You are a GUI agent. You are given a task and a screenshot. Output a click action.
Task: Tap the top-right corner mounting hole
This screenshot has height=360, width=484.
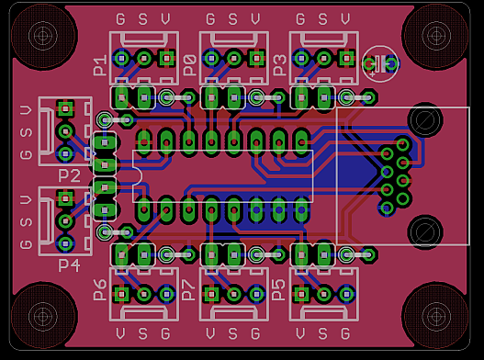point(436,36)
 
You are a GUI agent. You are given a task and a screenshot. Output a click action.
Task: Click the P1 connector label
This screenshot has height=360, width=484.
point(100,64)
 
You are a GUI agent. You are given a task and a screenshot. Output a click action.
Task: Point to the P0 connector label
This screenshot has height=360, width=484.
point(189,64)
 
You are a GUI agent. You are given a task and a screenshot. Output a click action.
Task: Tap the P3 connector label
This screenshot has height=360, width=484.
point(279,64)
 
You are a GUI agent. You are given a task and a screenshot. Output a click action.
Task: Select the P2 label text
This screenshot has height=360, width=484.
point(69,174)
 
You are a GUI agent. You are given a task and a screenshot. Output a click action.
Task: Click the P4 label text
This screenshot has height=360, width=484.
point(69,264)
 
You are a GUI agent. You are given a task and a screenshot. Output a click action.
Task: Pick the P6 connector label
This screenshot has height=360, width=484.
point(100,289)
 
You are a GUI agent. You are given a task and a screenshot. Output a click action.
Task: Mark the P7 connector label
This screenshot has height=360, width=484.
point(189,289)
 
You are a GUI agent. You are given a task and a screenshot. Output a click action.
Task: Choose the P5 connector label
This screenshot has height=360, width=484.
point(279,289)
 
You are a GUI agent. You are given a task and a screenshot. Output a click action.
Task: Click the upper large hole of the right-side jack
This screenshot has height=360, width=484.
point(425,120)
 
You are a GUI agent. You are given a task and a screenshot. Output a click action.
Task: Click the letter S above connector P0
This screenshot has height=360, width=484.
point(232,19)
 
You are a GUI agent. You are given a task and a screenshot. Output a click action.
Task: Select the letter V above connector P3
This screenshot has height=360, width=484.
point(345,19)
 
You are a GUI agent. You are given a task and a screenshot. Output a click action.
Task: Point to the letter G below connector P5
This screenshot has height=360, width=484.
point(345,332)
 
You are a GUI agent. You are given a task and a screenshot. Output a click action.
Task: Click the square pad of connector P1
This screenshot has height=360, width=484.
point(166,59)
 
